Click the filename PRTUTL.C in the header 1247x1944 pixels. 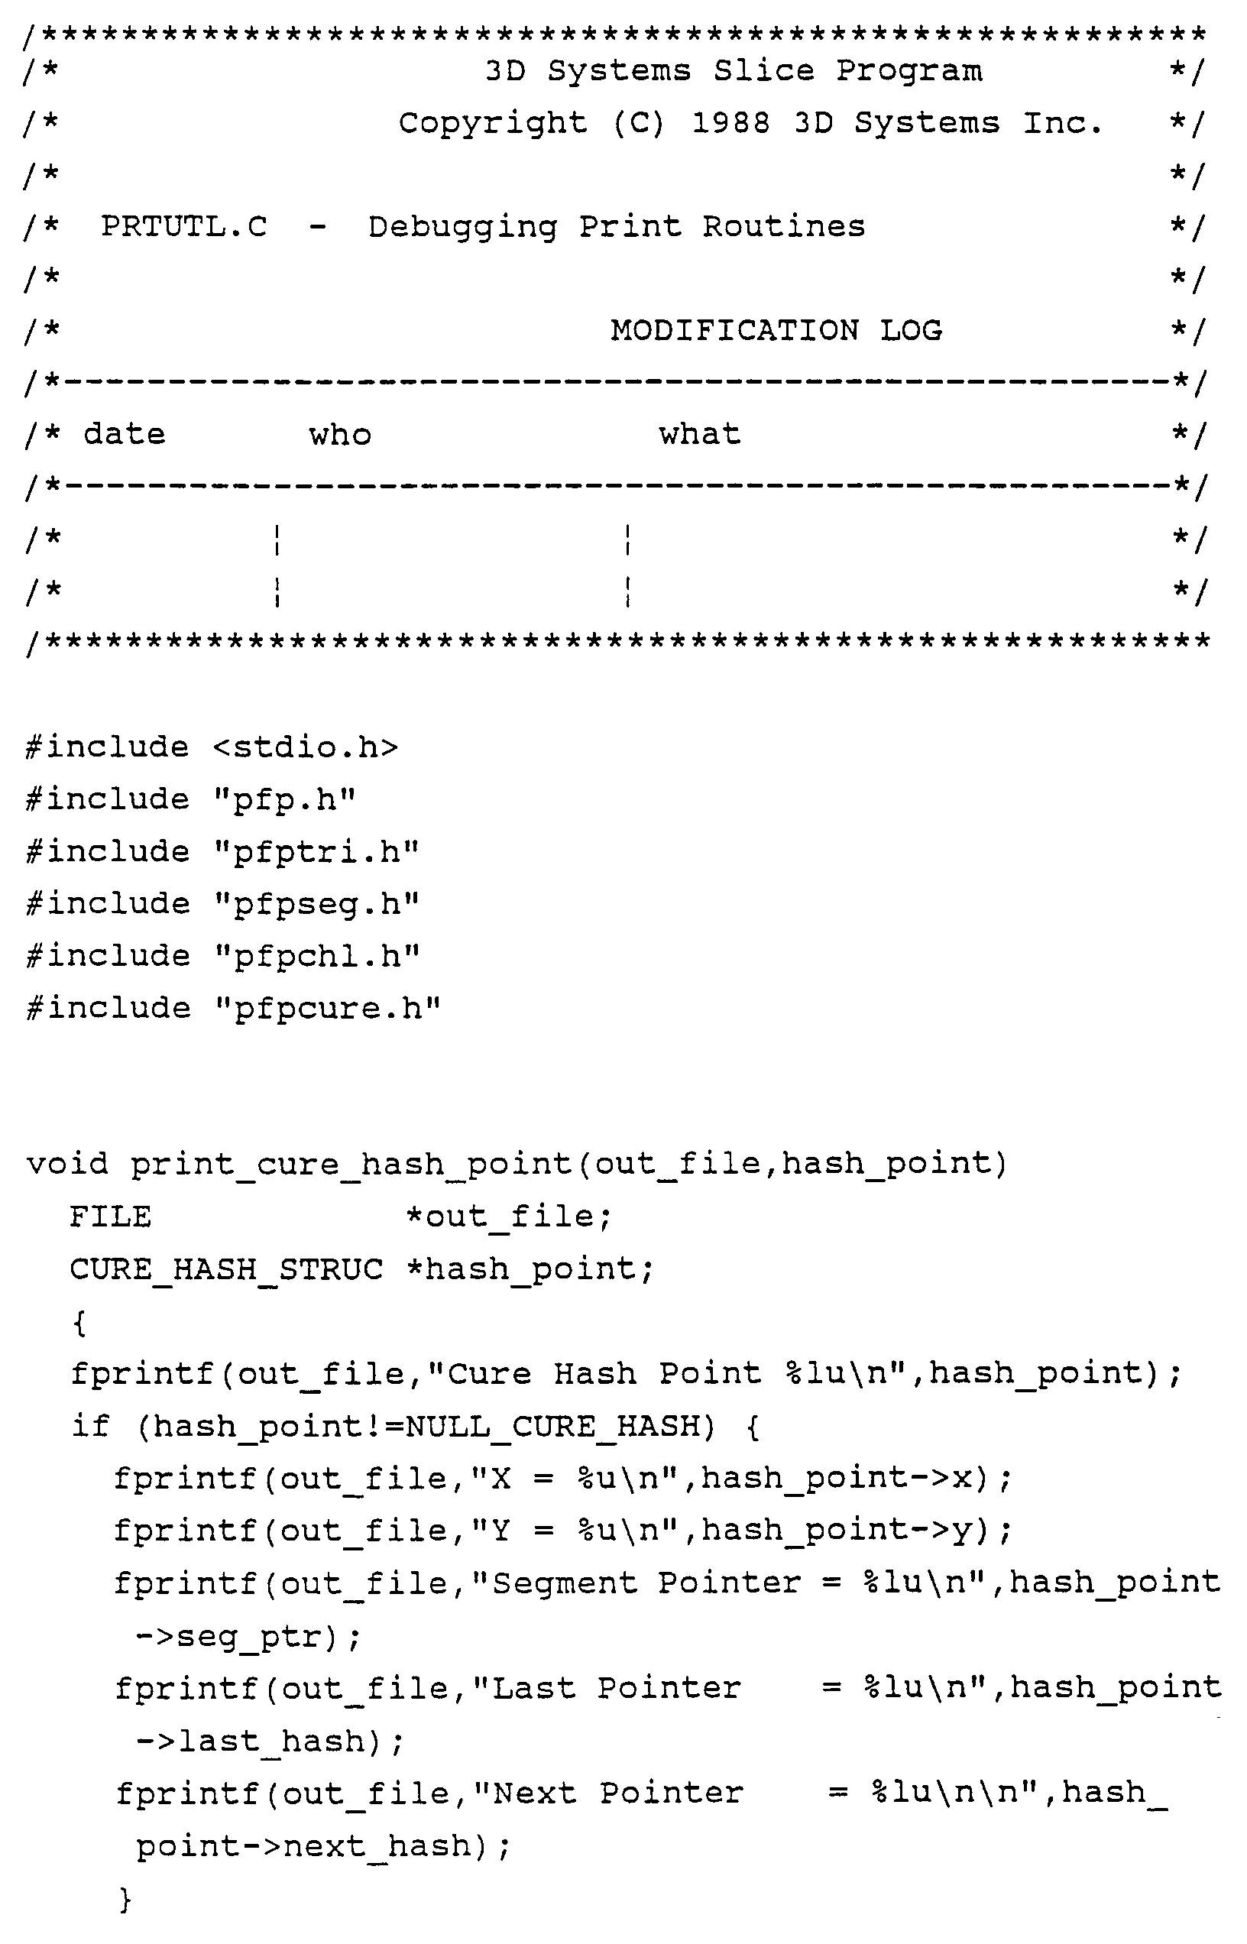pyautogui.click(x=184, y=227)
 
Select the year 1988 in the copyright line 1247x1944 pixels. pyautogui.click(x=730, y=123)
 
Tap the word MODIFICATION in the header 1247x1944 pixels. pyautogui.click(x=734, y=330)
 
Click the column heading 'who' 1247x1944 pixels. pyautogui.click(x=340, y=435)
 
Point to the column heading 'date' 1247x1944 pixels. pyautogui.click(x=125, y=435)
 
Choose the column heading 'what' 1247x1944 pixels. pyautogui.click(x=700, y=435)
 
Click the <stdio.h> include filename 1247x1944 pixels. pyautogui.click(x=306, y=747)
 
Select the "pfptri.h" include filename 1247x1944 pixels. pyautogui.click(x=316, y=852)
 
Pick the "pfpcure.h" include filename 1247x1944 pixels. pyautogui.click(x=328, y=1009)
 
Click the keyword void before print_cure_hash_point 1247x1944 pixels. pyautogui.click(x=67, y=1165)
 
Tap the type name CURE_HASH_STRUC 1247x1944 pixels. pyautogui.click(x=226, y=1268)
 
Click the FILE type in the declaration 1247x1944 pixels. pyautogui.click(x=110, y=1217)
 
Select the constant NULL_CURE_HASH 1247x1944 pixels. pyautogui.click(x=559, y=1426)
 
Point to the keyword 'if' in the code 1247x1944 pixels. pyautogui.click(x=90, y=1426)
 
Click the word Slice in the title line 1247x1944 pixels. pyautogui.click(x=763, y=71)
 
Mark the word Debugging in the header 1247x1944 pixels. pyautogui.click(x=462, y=227)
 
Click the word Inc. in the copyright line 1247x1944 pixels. pyautogui.click(x=1062, y=123)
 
